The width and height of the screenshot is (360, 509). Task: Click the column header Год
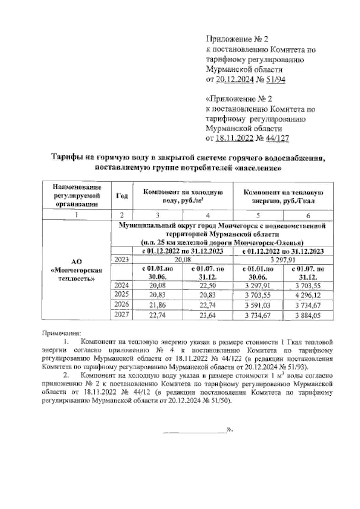pyautogui.click(x=122, y=196)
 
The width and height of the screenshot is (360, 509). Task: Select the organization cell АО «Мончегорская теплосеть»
pyautogui.click(x=77, y=270)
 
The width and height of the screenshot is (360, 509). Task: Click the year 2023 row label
pyautogui.click(x=121, y=260)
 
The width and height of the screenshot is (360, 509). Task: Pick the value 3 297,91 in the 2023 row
pyautogui.click(x=283, y=260)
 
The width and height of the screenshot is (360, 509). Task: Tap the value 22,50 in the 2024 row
pyautogui.click(x=208, y=285)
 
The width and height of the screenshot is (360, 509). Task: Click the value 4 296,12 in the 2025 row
pyautogui.click(x=308, y=295)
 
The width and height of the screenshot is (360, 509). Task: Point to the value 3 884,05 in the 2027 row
pyautogui.click(x=308, y=315)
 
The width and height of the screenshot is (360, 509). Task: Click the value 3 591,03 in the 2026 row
pyautogui.click(x=258, y=305)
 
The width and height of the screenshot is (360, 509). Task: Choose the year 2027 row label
pyautogui.click(x=121, y=315)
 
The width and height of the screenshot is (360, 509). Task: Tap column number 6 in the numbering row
pyautogui.click(x=308, y=215)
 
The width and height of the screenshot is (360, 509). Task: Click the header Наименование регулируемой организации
pyautogui.click(x=77, y=196)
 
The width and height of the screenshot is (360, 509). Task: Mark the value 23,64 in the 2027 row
pyautogui.click(x=208, y=315)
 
